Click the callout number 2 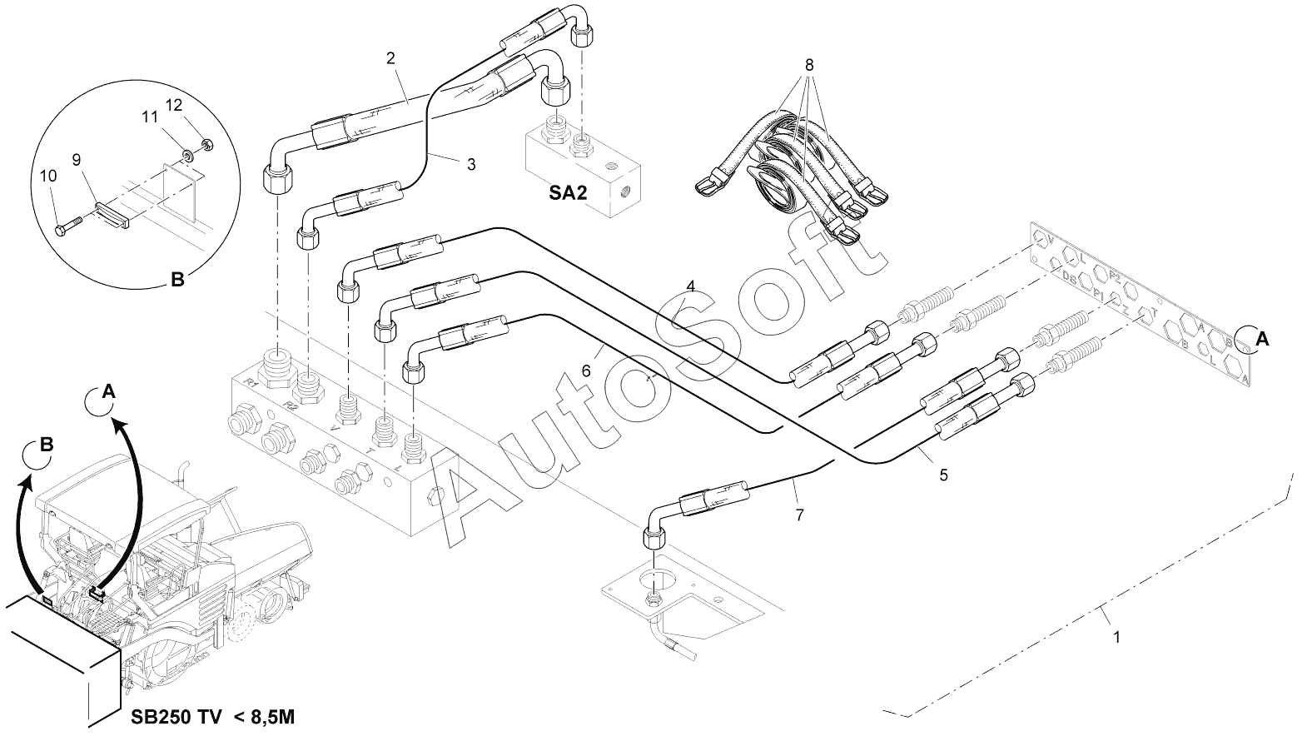(x=390, y=58)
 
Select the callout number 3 (x=471, y=165)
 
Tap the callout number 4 (x=690, y=286)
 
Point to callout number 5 (x=943, y=475)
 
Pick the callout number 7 (x=799, y=515)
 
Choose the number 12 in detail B (x=174, y=106)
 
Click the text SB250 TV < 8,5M (x=211, y=717)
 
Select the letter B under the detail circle (x=177, y=281)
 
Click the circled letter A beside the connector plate (x=1262, y=338)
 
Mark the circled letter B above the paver (x=47, y=445)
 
